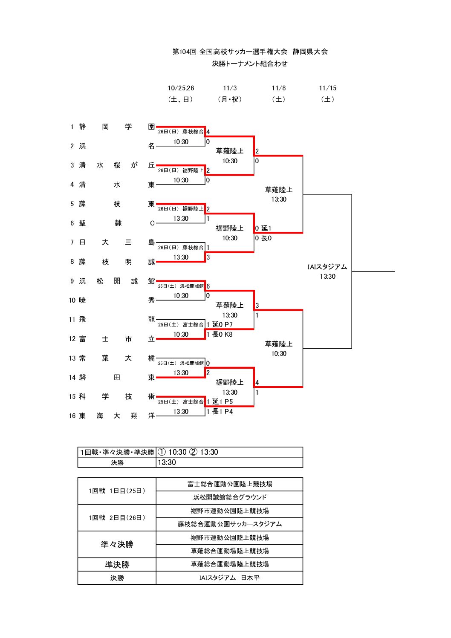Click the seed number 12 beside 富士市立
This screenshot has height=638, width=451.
pos(72,339)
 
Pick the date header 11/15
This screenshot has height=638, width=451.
pos(327,88)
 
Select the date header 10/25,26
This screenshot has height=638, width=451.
pos(181,88)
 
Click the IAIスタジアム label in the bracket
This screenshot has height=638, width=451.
pos(327,267)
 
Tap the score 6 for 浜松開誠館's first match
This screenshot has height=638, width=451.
pos(208,286)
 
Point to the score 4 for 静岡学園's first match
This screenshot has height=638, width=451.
pos(208,132)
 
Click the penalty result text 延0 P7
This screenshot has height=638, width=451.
pos(223,325)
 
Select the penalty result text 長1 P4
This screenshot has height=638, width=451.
pos(223,412)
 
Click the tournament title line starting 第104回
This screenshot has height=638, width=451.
pos(250,52)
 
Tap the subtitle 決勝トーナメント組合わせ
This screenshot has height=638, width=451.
pos(250,64)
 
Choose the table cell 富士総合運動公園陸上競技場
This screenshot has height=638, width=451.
pos(229,484)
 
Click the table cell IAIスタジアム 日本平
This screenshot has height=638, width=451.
pos(229,578)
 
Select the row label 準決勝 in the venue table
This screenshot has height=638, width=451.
pos(117,565)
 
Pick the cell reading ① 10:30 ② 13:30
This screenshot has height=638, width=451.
pos(188,452)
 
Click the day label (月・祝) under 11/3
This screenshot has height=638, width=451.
pos(230,99)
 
